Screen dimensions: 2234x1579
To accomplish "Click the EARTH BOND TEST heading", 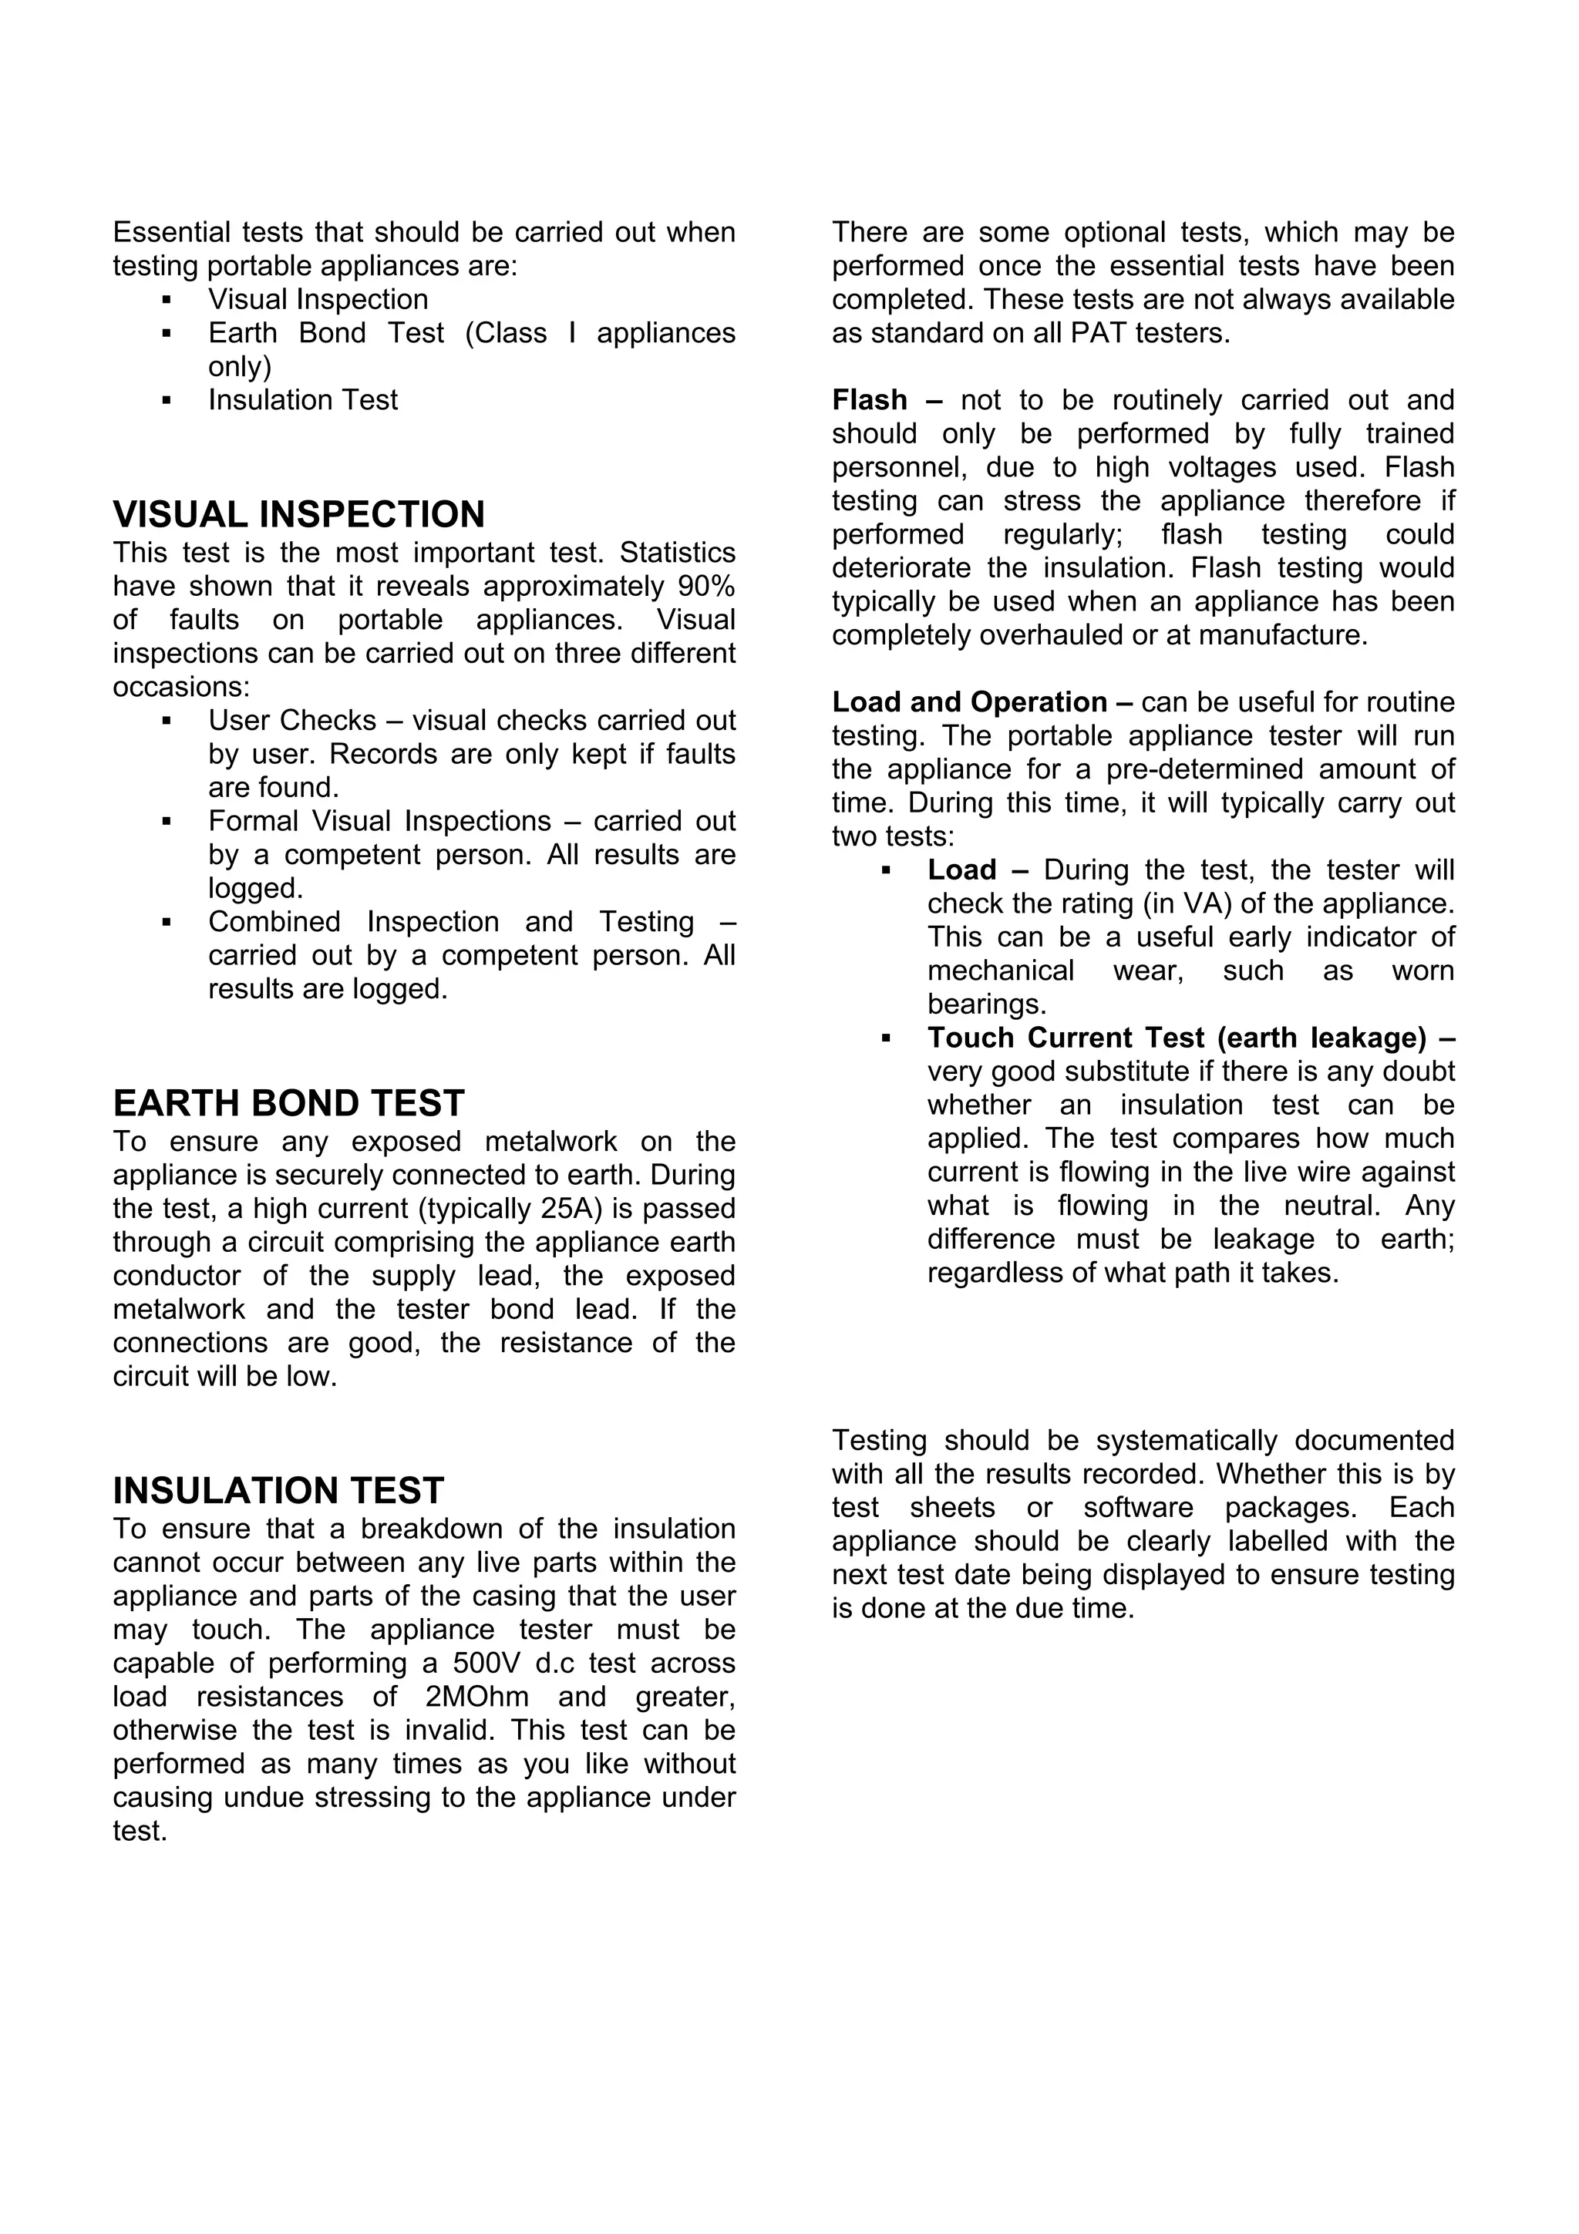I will (288, 1103).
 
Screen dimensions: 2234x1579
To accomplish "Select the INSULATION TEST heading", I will (278, 1491).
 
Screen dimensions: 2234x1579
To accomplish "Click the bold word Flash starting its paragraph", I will (869, 400).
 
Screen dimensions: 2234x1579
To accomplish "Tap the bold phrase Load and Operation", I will (969, 702).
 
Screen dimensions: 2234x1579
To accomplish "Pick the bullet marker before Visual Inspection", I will (167, 300).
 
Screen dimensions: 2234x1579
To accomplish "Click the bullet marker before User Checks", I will (167, 721).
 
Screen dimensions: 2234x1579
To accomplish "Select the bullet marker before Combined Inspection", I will (167, 921).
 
